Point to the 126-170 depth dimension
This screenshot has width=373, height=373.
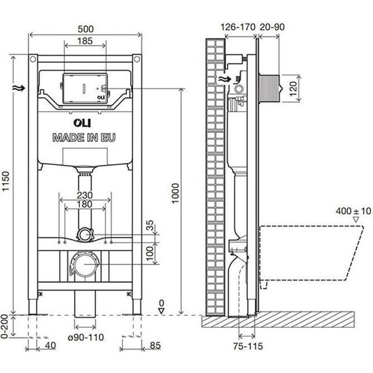238,27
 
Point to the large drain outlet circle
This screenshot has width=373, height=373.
84,264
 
